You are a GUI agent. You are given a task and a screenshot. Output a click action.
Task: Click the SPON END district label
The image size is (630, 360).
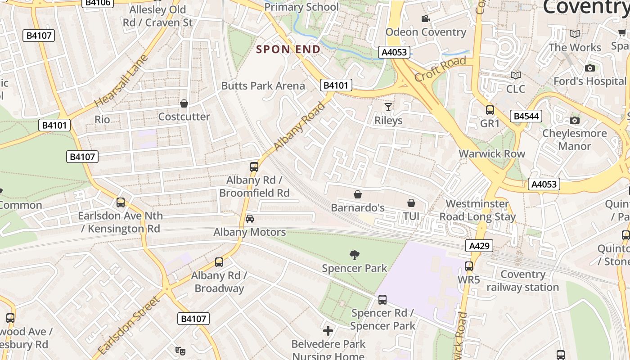click(288, 49)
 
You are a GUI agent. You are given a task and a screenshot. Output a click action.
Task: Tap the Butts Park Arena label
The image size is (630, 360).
click(263, 85)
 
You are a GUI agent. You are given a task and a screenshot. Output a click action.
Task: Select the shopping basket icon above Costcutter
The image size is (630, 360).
click(184, 104)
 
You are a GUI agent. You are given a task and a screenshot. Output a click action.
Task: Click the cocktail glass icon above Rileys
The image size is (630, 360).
click(388, 107)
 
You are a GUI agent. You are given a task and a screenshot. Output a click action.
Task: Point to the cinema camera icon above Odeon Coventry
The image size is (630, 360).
click(425, 18)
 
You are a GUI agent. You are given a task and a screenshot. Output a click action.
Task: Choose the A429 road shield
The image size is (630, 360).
click(479, 246)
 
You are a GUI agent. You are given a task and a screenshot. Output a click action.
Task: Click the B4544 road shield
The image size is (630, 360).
click(526, 117)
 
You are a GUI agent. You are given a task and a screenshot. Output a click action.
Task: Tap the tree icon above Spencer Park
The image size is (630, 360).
click(355, 255)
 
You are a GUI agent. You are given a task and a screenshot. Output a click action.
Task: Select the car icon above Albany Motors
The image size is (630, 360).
click(250, 219)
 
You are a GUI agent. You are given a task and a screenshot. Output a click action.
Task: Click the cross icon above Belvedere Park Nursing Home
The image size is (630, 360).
click(328, 331)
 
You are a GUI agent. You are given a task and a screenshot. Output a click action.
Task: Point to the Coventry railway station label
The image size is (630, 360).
click(522, 281)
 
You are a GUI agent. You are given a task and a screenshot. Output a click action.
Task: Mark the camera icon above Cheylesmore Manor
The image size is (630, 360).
click(574, 120)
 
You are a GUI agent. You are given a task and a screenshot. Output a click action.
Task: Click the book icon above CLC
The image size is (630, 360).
click(516, 75)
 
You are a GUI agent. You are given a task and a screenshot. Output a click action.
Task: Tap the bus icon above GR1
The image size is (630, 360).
click(490, 110)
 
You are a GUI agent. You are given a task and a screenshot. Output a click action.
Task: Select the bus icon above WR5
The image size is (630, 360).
click(469, 266)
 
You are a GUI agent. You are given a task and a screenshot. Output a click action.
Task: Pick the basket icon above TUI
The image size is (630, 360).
click(411, 203)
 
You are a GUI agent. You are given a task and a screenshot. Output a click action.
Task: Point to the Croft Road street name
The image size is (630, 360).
click(440, 69)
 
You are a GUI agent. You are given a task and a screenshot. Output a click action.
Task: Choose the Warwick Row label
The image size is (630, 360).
click(492, 153)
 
